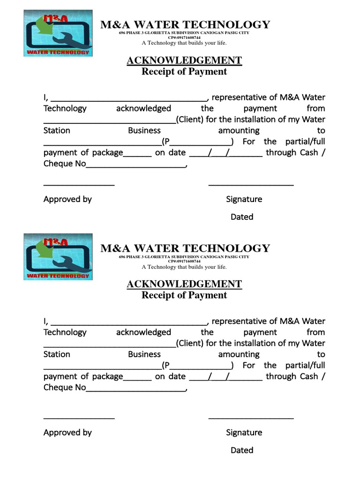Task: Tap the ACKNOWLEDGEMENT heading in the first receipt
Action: pos(184,60)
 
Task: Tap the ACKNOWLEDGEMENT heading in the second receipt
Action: pos(184,284)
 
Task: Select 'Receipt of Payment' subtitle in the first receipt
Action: pos(184,72)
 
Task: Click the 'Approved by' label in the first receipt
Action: pos(67,199)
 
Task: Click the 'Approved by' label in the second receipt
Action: pos(67,433)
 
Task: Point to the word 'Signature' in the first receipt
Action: pos(244,199)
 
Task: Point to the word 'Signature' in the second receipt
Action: pos(244,433)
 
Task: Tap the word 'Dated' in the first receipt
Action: pos(242,217)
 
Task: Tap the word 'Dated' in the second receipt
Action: pos(242,450)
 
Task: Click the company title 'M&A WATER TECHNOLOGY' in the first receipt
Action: pos(185,24)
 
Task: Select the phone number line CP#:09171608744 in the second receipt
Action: pos(184,261)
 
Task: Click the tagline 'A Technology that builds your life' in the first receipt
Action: pos(184,43)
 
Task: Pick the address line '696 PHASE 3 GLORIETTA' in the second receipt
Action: pos(184,257)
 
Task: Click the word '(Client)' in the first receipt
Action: pos(189,120)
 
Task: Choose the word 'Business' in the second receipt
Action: pos(144,354)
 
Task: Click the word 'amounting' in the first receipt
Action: pos(239,131)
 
